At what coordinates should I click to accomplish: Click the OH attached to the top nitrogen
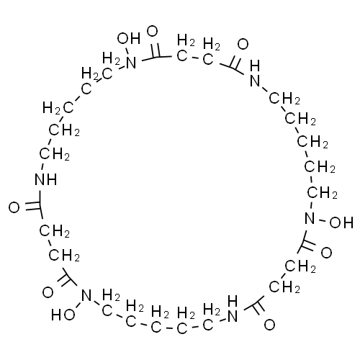coord(129,38)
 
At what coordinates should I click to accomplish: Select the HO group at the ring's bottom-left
coord(63,315)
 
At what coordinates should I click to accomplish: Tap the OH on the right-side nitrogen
coord(341,222)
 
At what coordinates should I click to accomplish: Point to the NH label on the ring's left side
coord(46,179)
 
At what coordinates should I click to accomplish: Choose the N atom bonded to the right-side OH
coord(310,218)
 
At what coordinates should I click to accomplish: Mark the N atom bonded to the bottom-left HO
coord(86,295)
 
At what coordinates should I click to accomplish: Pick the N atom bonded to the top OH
coord(131,63)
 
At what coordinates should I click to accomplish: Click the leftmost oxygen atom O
coord(14,207)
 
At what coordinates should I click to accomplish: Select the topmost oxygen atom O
coord(152,32)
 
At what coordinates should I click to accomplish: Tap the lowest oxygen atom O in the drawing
coord(269,325)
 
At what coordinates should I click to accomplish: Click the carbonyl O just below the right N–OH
coord(326,253)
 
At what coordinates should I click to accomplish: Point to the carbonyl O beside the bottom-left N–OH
coord(48,292)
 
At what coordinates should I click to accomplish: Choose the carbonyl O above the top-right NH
coord(243,44)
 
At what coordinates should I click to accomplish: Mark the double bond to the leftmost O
coord(32,206)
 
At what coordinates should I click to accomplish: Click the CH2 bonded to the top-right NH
coord(284,99)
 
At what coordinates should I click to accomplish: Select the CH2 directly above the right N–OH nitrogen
coord(323,193)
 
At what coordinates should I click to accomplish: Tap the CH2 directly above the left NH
coord(55,154)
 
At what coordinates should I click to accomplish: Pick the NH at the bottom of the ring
coord(233,309)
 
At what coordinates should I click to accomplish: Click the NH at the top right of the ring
coord(255,73)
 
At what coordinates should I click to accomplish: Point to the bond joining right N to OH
coord(322,220)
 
